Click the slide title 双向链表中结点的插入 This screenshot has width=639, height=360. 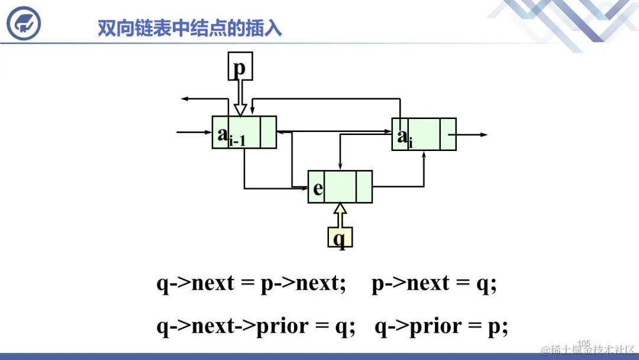[190, 28]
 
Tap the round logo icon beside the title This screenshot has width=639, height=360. [24, 23]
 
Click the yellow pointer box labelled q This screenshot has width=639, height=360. [340, 238]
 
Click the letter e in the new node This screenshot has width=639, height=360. [318, 188]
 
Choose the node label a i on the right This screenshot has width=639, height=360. [405, 137]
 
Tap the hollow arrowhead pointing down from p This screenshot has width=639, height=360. [239, 110]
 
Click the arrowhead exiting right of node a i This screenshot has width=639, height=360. [483, 135]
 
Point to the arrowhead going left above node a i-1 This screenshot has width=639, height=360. [185, 99]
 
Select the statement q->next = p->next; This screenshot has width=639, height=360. [251, 284]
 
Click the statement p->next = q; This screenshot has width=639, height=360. [434, 284]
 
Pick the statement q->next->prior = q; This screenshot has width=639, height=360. [256, 326]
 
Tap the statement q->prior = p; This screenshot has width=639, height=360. [441, 326]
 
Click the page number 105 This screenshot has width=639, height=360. [584, 343]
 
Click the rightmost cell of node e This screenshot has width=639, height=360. [364, 187]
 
